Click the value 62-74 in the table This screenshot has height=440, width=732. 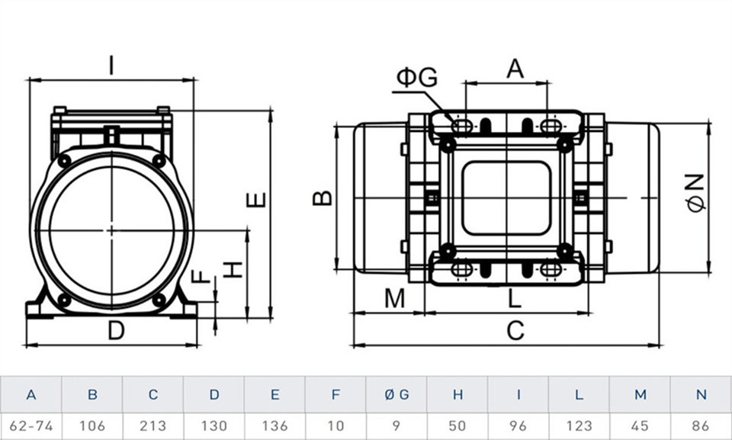pos(30,426)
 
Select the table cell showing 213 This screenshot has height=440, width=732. pos(153,426)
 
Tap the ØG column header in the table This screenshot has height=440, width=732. pos(396,395)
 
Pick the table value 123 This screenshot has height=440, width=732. pos(579,426)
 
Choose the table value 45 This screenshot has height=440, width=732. pos(640,426)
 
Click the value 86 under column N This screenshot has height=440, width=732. pos(701,426)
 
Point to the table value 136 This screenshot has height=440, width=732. pos(275,426)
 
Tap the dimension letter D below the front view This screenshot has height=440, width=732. pos(115,331)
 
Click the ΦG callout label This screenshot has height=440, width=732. pos(416,77)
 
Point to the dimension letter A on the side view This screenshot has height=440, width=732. pos(515,69)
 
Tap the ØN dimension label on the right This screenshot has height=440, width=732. pos(695,193)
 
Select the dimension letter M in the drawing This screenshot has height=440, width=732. pos(393,299)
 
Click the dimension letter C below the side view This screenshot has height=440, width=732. pos(515,331)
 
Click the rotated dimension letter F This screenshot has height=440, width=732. pos(201,275)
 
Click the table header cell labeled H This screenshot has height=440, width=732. pos(457,395)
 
